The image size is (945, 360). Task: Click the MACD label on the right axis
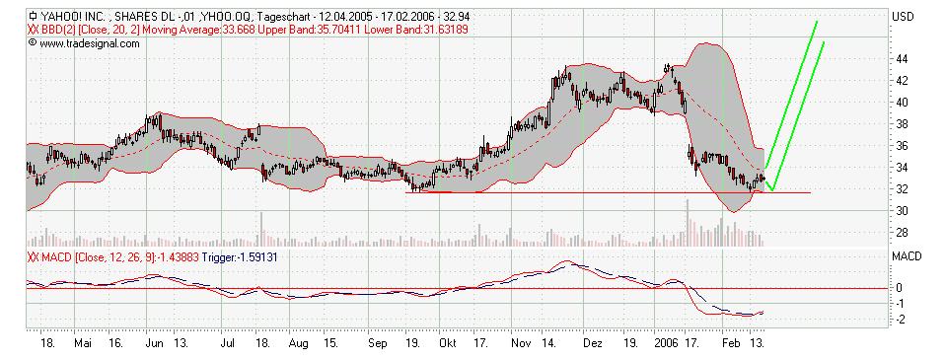[x=905, y=256]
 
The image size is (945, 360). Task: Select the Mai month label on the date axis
[x=83, y=345]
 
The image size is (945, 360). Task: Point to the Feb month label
[x=729, y=345]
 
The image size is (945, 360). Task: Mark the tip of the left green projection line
[x=817, y=21]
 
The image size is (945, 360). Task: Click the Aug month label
[x=300, y=345]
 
